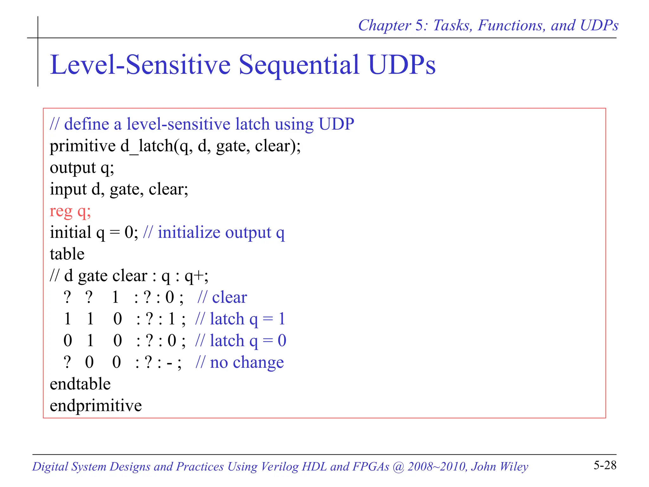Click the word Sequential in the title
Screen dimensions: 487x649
pos(299,65)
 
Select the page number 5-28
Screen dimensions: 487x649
pos(605,465)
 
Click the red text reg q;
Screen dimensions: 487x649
pos(70,211)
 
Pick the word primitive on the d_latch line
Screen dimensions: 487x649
pos(83,146)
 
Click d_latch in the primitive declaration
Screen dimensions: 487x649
pos(147,146)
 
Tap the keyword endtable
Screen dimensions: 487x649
pos(80,384)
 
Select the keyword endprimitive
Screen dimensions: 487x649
pos(96,406)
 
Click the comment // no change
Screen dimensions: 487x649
pos(240,362)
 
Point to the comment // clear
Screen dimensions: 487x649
pos(222,297)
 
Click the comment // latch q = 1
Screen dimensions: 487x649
pos(240,319)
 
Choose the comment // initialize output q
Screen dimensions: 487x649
pos(214,233)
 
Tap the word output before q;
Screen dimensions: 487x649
pos(73,168)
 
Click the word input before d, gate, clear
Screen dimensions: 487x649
pos(68,190)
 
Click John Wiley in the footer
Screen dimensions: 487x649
pos(499,466)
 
